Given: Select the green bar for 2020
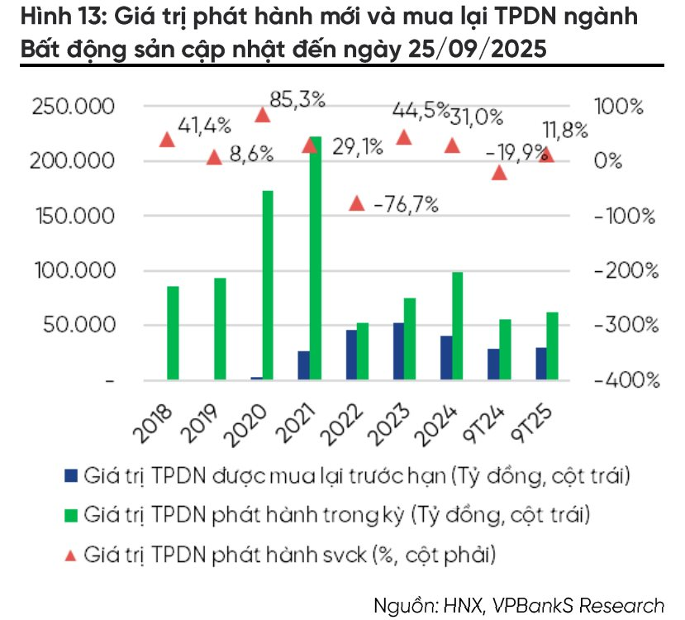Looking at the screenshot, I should tap(267, 285).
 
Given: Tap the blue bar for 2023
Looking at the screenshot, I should tap(398, 351).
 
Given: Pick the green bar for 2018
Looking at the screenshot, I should tap(173, 333).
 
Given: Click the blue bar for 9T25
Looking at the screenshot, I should tap(540, 364).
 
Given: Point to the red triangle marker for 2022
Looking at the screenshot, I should tap(357, 203).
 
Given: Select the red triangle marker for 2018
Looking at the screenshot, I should tap(168, 140).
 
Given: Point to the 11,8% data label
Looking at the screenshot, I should tap(565, 130).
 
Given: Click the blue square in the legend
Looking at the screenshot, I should tap(70, 476).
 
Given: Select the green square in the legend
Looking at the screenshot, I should tap(70, 515).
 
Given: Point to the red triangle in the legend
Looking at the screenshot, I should tap(70, 554).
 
